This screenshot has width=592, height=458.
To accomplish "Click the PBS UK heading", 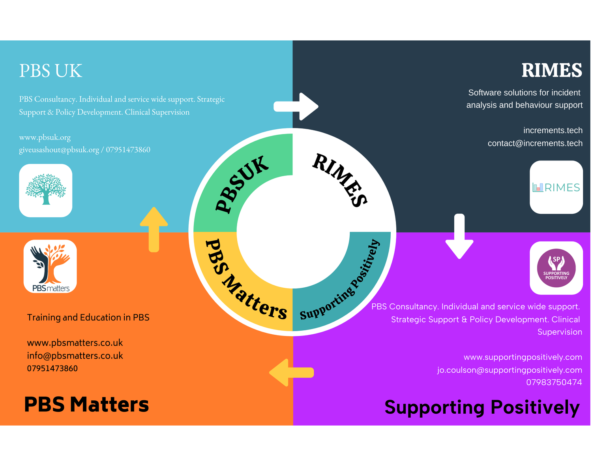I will [x=51, y=71].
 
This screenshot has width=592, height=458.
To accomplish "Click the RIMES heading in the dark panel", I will [x=551, y=71].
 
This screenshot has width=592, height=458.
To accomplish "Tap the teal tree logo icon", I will [x=46, y=190].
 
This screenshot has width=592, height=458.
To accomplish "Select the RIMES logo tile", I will [x=556, y=187].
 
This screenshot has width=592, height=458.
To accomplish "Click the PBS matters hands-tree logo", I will [x=50, y=266].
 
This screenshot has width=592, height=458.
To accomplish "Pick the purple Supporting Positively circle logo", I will [x=556, y=268].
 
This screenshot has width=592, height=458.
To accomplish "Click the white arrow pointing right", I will [x=296, y=106].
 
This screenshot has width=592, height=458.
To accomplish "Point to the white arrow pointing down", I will [x=459, y=237].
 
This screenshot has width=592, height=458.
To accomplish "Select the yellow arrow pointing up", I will [x=154, y=229].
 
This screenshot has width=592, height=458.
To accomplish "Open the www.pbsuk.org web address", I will [x=45, y=138].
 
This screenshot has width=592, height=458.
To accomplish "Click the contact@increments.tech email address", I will [x=535, y=143].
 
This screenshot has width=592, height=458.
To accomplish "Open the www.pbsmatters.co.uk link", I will [x=75, y=343].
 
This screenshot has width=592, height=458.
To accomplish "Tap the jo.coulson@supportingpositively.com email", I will [x=509, y=370].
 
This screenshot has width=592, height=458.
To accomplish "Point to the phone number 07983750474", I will [x=554, y=383].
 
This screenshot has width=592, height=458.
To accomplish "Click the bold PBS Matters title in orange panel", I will [x=86, y=405].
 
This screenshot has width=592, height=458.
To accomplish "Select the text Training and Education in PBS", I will [x=88, y=318].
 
